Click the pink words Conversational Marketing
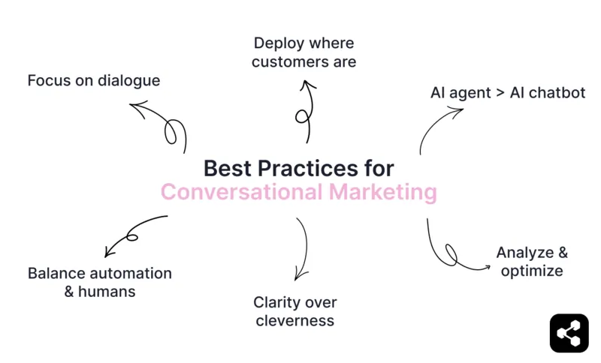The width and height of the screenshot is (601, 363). pyautogui.click(x=298, y=192)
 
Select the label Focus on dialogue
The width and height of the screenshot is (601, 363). pyautogui.click(x=94, y=80)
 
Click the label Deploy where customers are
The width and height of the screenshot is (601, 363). pyautogui.click(x=304, y=52)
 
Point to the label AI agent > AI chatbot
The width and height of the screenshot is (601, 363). pyautogui.click(x=507, y=93)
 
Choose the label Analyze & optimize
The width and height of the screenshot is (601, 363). pyautogui.click(x=532, y=261)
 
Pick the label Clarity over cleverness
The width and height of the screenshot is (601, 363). pyautogui.click(x=294, y=311)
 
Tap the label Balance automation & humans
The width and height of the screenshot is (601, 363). pyautogui.click(x=100, y=282)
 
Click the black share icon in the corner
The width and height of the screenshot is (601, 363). pyautogui.click(x=569, y=333)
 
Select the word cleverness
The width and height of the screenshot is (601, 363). pyautogui.click(x=294, y=321)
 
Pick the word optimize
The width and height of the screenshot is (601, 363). pyautogui.click(x=532, y=271)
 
